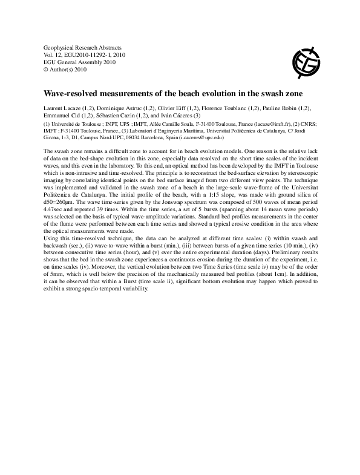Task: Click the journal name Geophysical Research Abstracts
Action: coord(83,47)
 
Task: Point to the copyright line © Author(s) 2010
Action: coord(66,70)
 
